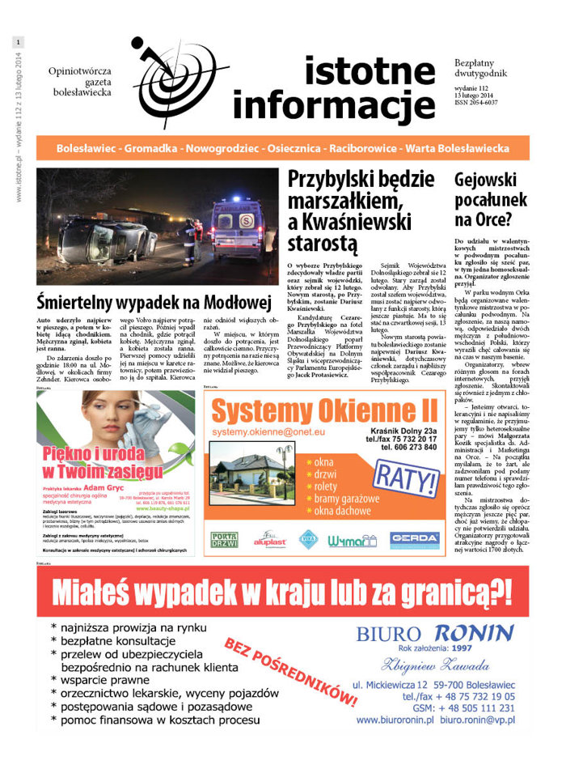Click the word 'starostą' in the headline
pos(322,241)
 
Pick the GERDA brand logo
pos(414,540)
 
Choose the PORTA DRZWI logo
pos(225,540)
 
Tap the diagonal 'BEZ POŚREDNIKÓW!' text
pos(291,671)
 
